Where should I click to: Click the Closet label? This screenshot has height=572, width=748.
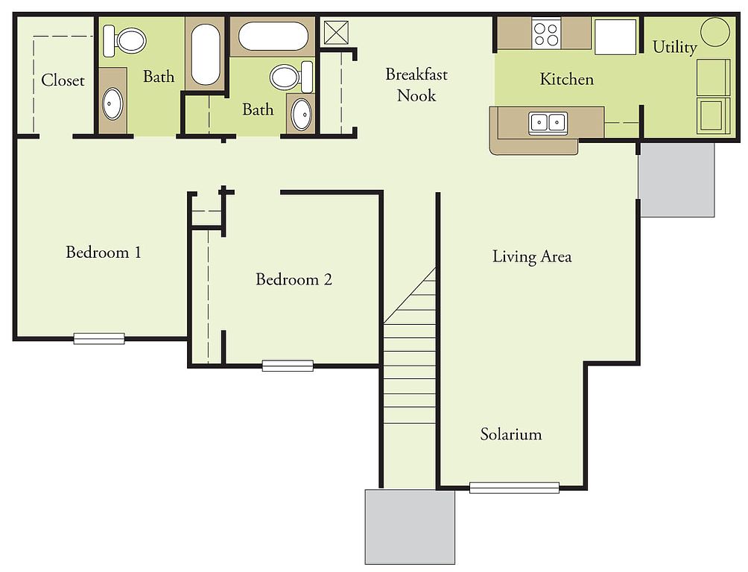tap(63, 80)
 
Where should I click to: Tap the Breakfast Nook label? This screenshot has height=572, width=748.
tap(416, 85)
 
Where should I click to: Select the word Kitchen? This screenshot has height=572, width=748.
tap(567, 79)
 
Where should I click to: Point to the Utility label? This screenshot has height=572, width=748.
tap(674, 47)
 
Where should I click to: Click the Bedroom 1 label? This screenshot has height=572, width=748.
tap(104, 252)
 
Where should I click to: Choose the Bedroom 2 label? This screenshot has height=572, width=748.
tap(294, 279)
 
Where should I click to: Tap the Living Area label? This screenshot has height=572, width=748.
tap(532, 257)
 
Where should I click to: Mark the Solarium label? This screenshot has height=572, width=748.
tap(511, 434)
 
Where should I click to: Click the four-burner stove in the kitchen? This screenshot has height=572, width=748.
tap(546, 34)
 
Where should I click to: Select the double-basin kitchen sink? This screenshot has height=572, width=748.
tap(548, 123)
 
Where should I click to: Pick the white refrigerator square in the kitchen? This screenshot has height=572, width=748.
tap(615, 36)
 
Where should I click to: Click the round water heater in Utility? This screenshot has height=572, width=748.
tap(715, 32)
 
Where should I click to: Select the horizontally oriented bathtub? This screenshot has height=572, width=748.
tap(273, 36)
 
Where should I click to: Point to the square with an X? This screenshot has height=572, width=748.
tap(336, 33)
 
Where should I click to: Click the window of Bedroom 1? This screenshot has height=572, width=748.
tap(99, 338)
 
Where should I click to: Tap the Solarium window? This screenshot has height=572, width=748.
tap(514, 488)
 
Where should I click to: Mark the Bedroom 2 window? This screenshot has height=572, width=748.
tap(288, 366)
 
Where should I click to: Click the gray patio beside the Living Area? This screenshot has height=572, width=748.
tap(677, 179)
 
